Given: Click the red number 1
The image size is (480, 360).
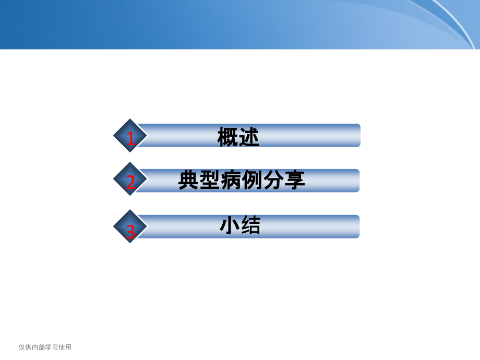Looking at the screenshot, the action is coord(131,139).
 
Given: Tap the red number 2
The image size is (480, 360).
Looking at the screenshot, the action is coord(131,182).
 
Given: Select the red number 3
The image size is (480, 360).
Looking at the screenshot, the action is coord(131,232).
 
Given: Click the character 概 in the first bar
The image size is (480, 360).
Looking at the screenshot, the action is coord(227,137).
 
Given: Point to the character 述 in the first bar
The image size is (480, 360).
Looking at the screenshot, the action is coord(249,137).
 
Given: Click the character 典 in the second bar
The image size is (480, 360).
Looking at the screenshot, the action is coord(188,180).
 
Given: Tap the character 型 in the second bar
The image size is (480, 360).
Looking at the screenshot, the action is coord(210,180).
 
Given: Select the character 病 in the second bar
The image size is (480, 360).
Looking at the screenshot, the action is coord(231,180).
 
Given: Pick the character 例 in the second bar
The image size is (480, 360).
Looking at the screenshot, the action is coord(252,180).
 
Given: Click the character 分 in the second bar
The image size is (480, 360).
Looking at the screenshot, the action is coord(273,180).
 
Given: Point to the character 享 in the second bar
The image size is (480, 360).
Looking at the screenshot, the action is coord(295,180).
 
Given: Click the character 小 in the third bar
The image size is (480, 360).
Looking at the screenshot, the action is coord(230,225).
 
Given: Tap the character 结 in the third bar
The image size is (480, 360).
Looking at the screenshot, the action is coord(251,225).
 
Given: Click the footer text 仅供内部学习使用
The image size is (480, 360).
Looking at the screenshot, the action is coord(45,347).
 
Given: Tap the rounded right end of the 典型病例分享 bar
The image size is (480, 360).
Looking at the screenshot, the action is coord(357,181).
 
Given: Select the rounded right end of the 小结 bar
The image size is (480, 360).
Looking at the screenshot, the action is coord(357,226).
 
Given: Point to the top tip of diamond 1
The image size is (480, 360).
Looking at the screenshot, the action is coord(130,119).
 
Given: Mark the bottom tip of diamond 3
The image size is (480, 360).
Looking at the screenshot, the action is coord(130,243).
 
